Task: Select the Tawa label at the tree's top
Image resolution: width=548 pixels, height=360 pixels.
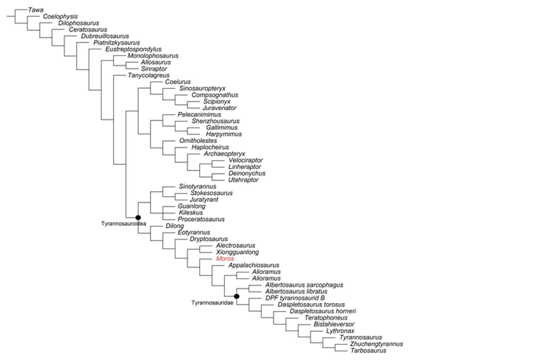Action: [36, 10]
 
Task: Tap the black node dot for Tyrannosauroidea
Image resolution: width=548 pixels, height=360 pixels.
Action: [138, 218]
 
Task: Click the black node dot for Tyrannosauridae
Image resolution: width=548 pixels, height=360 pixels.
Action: [236, 296]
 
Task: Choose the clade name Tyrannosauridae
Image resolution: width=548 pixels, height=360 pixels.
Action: [210, 301]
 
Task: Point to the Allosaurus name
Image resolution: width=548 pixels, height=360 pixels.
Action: [145, 62]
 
